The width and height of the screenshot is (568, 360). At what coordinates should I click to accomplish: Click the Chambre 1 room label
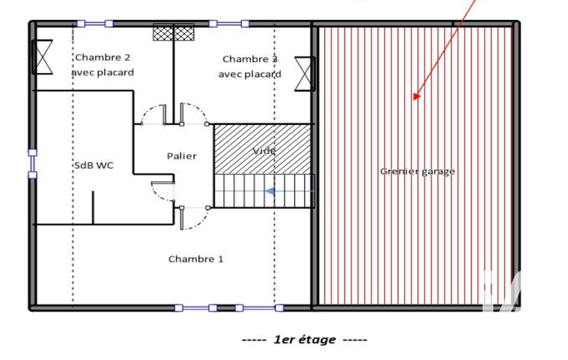tap(196, 259)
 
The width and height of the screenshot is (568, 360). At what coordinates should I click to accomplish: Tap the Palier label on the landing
tap(182, 156)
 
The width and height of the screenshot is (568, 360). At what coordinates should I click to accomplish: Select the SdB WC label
tap(94, 166)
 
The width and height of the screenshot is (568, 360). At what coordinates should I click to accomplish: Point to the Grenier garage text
tap(418, 171)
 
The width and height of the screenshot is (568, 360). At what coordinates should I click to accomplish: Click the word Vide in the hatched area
tap(264, 151)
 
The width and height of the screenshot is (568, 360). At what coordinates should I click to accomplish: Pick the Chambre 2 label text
tap(103, 57)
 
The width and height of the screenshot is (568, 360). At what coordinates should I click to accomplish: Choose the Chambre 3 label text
tap(250, 59)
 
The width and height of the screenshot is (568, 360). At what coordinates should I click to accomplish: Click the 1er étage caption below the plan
tap(305, 340)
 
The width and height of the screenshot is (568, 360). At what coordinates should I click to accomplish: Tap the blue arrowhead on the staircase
tap(269, 191)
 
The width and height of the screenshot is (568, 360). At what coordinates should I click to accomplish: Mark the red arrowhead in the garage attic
tap(416, 97)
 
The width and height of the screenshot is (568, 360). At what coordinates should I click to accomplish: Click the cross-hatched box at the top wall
tap(173, 32)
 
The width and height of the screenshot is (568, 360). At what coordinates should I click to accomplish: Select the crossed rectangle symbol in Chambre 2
tap(43, 57)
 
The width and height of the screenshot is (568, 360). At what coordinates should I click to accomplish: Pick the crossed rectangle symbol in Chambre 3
tap(304, 74)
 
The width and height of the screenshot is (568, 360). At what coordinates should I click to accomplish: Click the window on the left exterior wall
tap(33, 164)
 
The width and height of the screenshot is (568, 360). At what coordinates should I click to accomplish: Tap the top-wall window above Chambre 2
tap(95, 24)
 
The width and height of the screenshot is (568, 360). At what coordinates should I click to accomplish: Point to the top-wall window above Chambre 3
tap(229, 24)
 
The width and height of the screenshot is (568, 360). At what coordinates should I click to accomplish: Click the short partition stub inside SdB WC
tap(93, 208)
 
